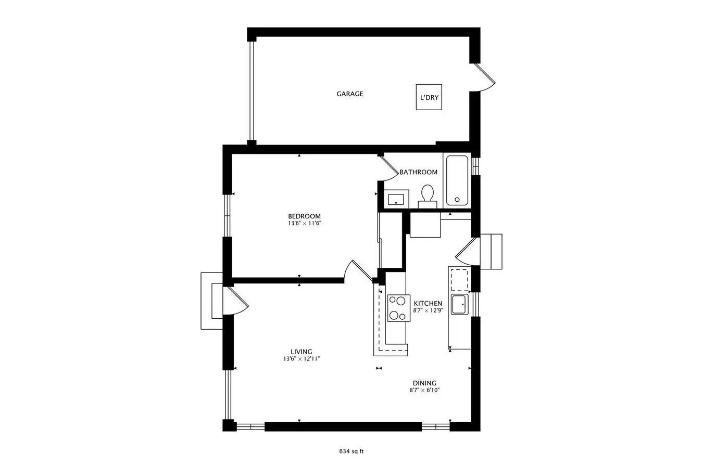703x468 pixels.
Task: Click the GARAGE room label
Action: pos(349,94)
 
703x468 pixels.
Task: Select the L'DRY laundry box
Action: pos(429,97)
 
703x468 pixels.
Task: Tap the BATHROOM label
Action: pos(418,172)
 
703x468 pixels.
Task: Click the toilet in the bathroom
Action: pos(428,197)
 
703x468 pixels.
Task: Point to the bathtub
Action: pos(457,180)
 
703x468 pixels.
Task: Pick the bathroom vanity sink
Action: pos(396,199)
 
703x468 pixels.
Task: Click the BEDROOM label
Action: pos(305,216)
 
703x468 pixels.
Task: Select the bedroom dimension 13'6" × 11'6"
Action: pos(305,224)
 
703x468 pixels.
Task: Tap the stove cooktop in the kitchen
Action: pos(398,308)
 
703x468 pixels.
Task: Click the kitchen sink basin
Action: pos(460,304)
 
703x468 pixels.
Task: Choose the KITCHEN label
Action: pos(428,304)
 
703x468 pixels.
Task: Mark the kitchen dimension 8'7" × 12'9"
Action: pos(428,310)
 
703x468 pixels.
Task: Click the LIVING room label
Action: pos(302,352)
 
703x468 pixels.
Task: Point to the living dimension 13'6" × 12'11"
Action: pos(302,359)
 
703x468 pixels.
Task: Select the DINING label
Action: pos(424,383)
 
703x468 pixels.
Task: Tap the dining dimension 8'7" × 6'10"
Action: pos(424,391)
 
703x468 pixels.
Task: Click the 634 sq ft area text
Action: pos(351,451)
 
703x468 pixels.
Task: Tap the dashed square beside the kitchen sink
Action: pos(459,280)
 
